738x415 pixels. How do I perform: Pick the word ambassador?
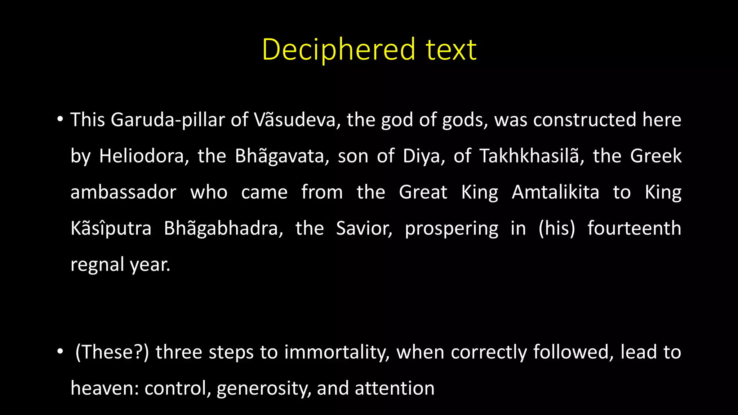point(123,192)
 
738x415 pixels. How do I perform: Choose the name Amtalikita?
point(555,192)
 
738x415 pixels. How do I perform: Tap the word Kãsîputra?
point(111,228)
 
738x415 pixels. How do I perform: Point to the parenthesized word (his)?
point(557,228)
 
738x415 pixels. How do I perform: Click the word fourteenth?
point(634,228)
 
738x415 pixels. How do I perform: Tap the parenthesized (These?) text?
point(112,352)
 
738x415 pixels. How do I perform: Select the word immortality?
point(337,352)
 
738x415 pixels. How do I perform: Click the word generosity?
point(264,388)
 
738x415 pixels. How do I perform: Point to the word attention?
point(395,388)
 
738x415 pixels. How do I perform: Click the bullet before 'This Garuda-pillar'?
point(60,119)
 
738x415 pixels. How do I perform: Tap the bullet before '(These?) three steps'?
point(60,352)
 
